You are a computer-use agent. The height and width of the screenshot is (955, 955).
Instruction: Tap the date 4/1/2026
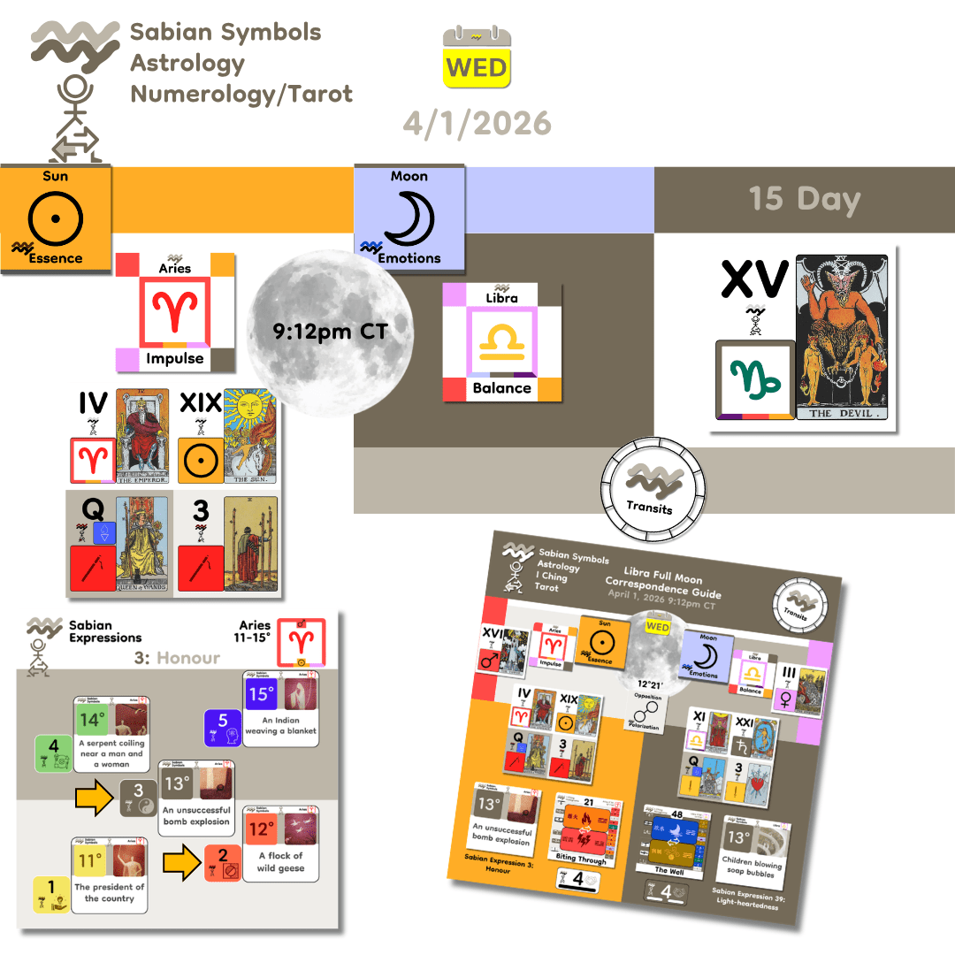(x=477, y=123)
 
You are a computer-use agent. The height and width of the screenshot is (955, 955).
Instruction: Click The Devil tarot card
(x=845, y=338)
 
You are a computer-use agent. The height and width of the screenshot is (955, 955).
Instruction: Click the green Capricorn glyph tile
(x=753, y=380)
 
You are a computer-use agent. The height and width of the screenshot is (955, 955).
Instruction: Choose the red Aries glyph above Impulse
(x=174, y=312)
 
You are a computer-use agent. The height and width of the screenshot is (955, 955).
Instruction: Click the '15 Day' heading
(x=805, y=199)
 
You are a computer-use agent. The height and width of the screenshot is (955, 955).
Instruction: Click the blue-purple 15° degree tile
(x=261, y=694)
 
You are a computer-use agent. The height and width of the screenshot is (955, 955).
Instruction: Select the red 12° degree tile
(x=261, y=829)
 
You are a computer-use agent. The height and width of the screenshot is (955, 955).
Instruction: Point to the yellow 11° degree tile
(x=91, y=859)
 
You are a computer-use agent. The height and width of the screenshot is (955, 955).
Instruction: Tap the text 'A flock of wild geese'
(x=280, y=861)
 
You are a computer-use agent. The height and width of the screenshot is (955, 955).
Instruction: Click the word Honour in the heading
(x=188, y=658)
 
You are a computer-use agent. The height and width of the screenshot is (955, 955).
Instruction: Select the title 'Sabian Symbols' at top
(x=225, y=34)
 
